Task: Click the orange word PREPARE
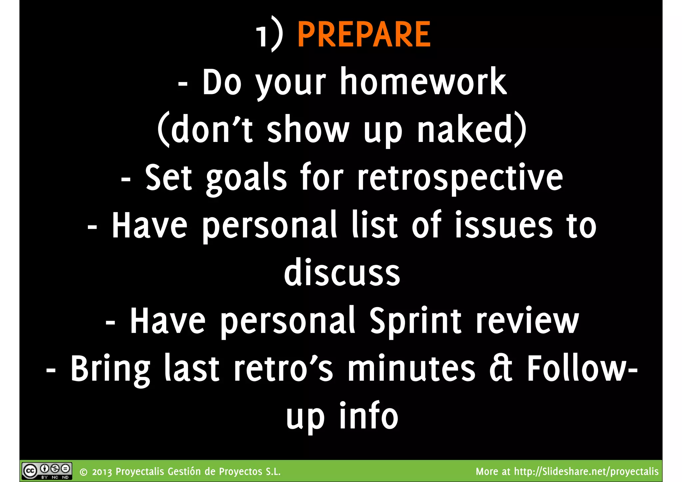(364, 35)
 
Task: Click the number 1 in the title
(262, 37)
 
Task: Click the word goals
(246, 178)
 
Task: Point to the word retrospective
(460, 178)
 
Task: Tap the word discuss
(342, 273)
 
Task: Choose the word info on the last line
(368, 416)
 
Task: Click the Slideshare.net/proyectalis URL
(586, 471)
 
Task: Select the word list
(374, 226)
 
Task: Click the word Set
(169, 178)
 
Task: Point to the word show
(308, 130)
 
